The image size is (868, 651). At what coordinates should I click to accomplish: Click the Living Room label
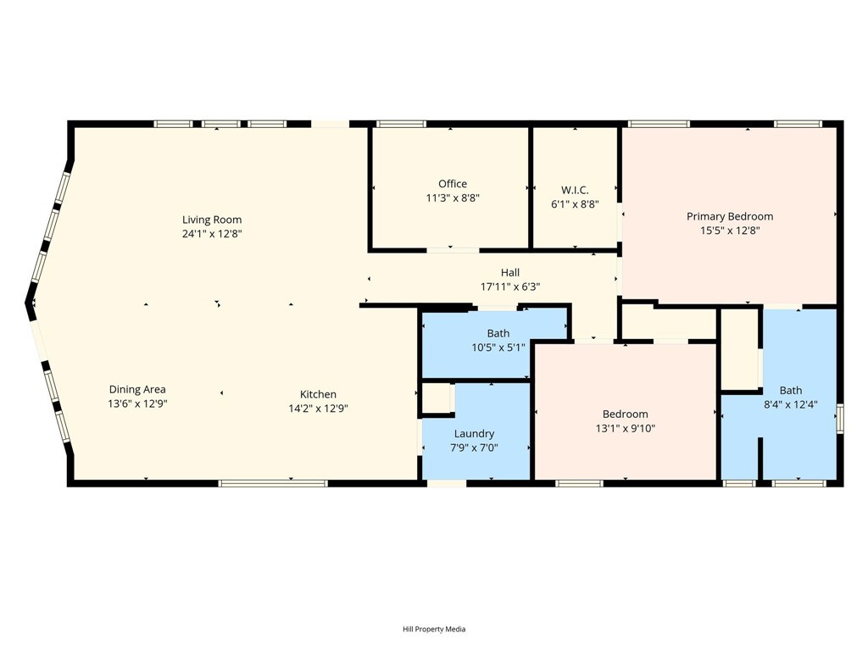click(x=212, y=220)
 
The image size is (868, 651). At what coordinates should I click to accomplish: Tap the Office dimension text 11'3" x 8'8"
click(x=453, y=198)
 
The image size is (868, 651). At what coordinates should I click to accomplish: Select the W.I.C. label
click(x=575, y=190)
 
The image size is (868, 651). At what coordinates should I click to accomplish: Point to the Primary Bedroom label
click(x=729, y=216)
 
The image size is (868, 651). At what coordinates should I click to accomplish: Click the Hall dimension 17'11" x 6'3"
click(x=509, y=287)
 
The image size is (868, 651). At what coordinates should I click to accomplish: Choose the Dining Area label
click(x=137, y=390)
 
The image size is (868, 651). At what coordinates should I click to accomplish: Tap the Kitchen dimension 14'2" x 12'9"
click(x=318, y=408)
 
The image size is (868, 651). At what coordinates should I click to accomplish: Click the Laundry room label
click(x=474, y=433)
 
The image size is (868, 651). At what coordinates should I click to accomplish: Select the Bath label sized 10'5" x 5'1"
click(x=498, y=333)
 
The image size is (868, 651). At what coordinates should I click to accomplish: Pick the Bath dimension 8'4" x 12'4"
click(x=790, y=404)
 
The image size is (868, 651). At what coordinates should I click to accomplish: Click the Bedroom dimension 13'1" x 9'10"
click(x=625, y=428)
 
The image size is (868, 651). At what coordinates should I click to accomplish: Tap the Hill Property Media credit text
click(x=433, y=629)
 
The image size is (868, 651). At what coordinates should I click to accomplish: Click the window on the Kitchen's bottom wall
click(x=272, y=483)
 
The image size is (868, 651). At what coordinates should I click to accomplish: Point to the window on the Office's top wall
click(x=401, y=124)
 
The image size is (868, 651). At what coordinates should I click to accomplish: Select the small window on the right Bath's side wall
click(x=840, y=420)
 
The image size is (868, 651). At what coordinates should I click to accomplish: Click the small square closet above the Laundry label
click(x=437, y=398)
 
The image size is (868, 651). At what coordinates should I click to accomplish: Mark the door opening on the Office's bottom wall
click(x=452, y=250)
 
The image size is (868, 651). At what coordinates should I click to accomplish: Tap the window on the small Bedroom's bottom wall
click(x=579, y=483)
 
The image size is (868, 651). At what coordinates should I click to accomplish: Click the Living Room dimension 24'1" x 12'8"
click(x=212, y=233)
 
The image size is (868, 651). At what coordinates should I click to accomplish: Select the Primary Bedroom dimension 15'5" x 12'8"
click(x=729, y=230)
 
